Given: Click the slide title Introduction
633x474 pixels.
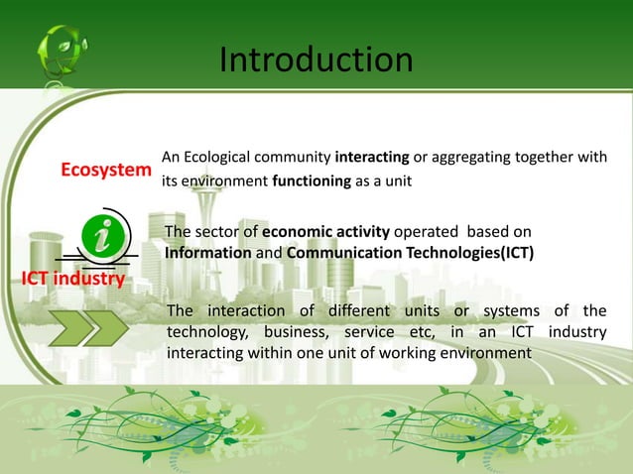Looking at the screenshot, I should (x=316, y=60).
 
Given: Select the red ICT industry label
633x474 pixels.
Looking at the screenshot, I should (x=73, y=278).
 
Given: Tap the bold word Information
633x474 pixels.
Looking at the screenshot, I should (x=208, y=252).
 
